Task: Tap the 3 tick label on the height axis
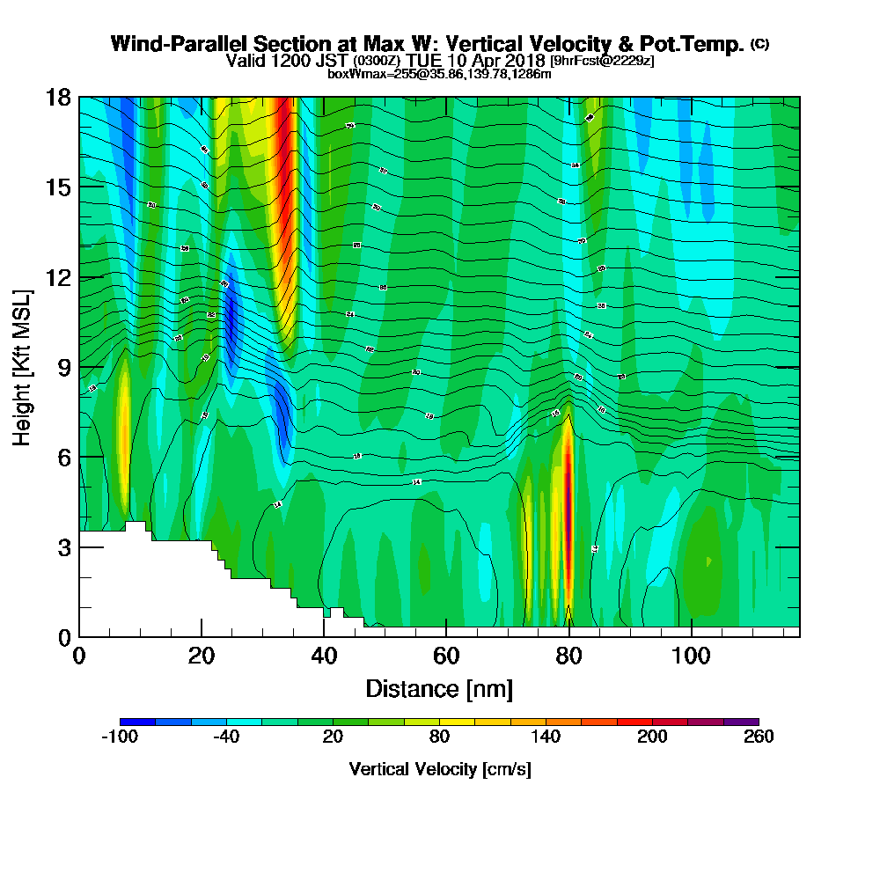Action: pos(63,547)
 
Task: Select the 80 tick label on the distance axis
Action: pos(569,656)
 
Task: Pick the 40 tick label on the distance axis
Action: pos(324,656)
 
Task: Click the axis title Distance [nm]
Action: pos(439,688)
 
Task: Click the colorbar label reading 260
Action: pos(758,737)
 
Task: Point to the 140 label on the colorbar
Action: pos(546,737)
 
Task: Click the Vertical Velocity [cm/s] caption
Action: pos(439,769)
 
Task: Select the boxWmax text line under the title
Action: pos(439,74)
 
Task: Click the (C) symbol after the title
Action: pos(760,44)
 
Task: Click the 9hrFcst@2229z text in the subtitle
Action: pos(603,61)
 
